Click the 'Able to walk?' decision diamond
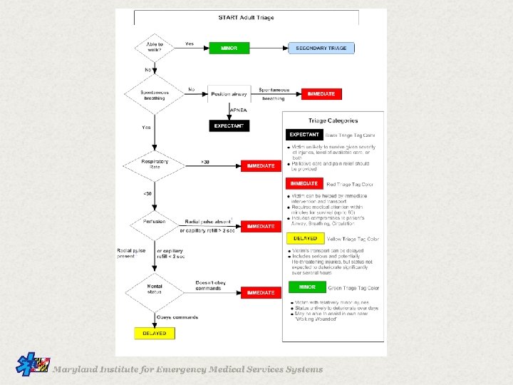coord(155,48)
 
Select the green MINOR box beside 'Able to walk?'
coord(229,48)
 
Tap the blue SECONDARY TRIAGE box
coord(321,48)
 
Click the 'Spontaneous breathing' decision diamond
coord(155,94)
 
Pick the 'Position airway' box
coord(229,94)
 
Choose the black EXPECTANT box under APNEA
coord(229,126)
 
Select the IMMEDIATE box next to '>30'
coord(261,165)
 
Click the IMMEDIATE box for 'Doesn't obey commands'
coord(261,292)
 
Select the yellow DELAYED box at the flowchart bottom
coord(155,333)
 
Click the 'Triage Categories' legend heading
coord(333,120)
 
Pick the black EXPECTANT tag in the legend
coord(304,134)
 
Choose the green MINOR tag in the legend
coord(307,287)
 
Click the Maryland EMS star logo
coord(33,365)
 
